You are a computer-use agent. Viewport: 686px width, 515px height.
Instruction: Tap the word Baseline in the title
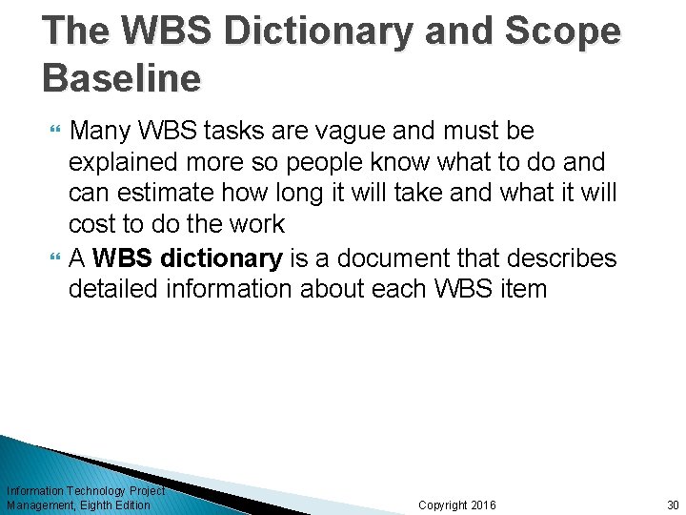122,78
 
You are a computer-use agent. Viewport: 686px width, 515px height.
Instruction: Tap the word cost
91,225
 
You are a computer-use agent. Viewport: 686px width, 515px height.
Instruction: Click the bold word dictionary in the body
222,258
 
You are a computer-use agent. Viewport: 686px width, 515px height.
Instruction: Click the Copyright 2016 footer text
457,505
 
